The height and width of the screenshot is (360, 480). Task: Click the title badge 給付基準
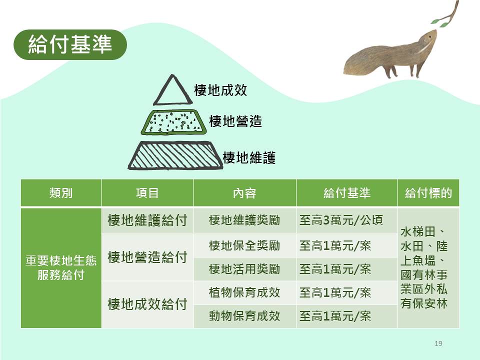pyautogui.click(x=70, y=44)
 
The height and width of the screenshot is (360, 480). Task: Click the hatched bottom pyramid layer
pyautogui.click(x=175, y=155)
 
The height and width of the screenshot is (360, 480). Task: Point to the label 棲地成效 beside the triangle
pyautogui.click(x=220, y=90)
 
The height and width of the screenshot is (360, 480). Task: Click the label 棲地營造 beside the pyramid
pyautogui.click(x=235, y=121)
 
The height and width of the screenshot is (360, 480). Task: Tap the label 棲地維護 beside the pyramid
pyautogui.click(x=249, y=157)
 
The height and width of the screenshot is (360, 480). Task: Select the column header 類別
pyautogui.click(x=61, y=193)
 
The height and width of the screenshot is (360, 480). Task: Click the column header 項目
pyautogui.click(x=147, y=193)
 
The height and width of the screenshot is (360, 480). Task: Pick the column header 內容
pyautogui.click(x=244, y=193)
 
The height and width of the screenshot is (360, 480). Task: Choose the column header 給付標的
pyautogui.click(x=428, y=193)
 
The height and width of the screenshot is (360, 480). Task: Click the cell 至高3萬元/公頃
pyautogui.click(x=347, y=220)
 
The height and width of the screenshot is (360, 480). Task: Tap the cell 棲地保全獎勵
pyautogui.click(x=244, y=245)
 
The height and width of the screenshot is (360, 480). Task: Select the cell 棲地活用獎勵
pyautogui.click(x=244, y=269)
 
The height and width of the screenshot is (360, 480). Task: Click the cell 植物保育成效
pyautogui.click(x=244, y=292)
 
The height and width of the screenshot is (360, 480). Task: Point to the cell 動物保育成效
pyautogui.click(x=244, y=316)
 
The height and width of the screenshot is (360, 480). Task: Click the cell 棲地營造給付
pyautogui.click(x=147, y=257)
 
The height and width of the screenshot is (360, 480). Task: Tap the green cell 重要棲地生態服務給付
pyautogui.click(x=61, y=268)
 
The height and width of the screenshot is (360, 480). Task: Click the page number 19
pyautogui.click(x=438, y=343)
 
